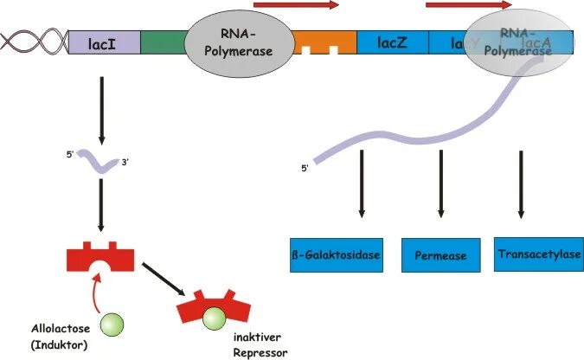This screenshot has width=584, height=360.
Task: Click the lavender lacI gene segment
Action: (x=103, y=42)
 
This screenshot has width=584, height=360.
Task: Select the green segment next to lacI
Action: (x=162, y=42)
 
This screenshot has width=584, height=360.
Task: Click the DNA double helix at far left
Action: (x=34, y=42)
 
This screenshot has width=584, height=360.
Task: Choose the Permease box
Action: (x=440, y=255)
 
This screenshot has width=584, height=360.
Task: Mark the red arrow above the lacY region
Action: (x=467, y=5)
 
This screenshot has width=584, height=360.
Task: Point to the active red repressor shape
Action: (x=101, y=256)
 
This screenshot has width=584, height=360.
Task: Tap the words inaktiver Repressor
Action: (x=261, y=344)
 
